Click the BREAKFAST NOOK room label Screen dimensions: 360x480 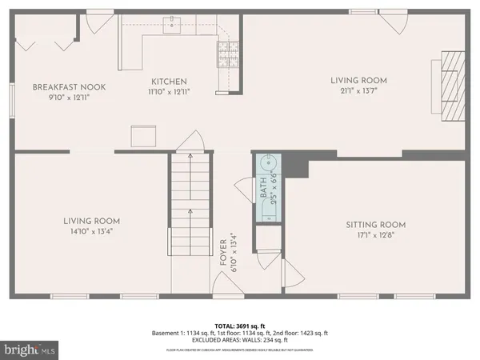coord(69,87)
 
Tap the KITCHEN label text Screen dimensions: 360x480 coord(170,82)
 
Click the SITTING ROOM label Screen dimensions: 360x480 coord(375,225)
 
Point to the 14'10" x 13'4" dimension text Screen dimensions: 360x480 coord(92,233)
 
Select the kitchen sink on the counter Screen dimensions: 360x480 coord(172,26)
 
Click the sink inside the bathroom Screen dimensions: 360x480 coord(267,165)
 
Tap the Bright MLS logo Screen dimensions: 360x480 coord(30,349)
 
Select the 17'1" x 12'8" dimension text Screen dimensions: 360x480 coord(375,235)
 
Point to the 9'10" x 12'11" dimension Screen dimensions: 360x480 coord(69,98)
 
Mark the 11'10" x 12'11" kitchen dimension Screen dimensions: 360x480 coord(170,92)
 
